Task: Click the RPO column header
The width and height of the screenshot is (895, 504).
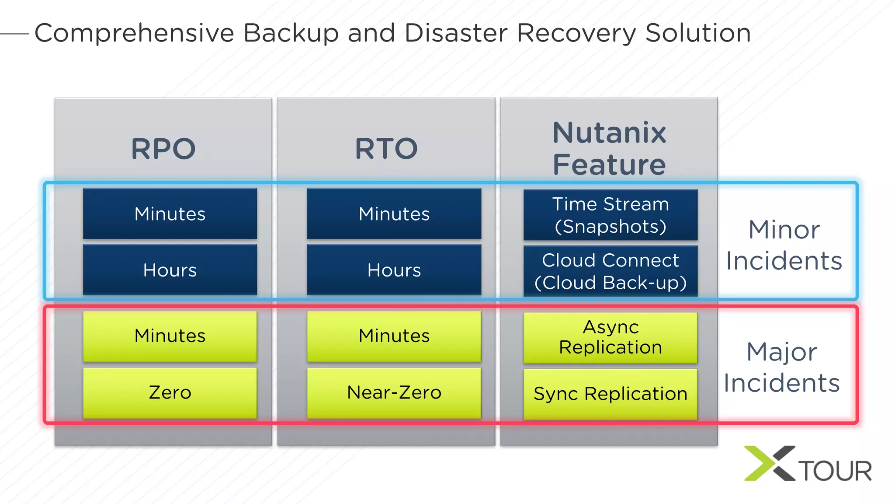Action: (x=163, y=149)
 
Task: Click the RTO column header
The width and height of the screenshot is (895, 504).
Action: (x=386, y=149)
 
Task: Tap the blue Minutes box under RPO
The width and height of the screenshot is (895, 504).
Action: (x=170, y=214)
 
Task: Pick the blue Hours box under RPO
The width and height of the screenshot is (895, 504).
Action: (x=170, y=270)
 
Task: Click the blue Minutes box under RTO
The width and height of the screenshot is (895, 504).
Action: (x=394, y=214)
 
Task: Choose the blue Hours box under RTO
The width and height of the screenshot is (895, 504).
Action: (x=394, y=270)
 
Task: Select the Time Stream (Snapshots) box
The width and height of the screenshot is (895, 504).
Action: (x=611, y=215)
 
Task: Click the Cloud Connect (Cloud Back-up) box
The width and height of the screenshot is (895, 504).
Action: (x=611, y=271)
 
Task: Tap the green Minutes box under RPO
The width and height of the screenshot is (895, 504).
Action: (x=170, y=336)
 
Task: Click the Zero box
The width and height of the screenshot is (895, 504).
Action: (x=170, y=392)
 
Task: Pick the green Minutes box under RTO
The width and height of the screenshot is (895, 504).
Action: (x=394, y=336)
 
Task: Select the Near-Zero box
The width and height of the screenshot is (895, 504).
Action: (x=394, y=392)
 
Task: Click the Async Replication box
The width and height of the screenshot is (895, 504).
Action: (x=611, y=337)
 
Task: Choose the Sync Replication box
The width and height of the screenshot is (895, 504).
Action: (x=611, y=394)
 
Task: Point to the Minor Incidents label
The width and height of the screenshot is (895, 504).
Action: (x=784, y=245)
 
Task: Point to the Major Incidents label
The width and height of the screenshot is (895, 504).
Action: (x=782, y=367)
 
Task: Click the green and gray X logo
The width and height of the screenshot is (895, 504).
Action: (x=769, y=463)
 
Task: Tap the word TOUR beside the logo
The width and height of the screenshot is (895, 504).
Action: (x=836, y=471)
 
